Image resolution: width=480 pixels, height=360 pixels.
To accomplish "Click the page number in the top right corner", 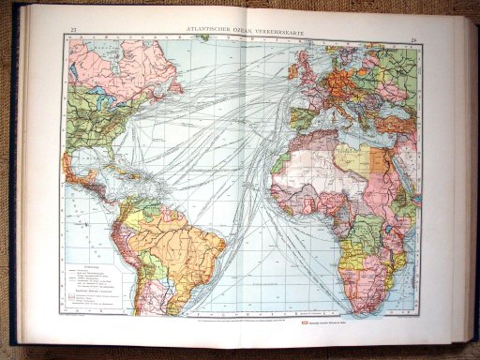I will click(413, 40).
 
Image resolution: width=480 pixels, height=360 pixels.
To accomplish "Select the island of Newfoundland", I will click(175, 86).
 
